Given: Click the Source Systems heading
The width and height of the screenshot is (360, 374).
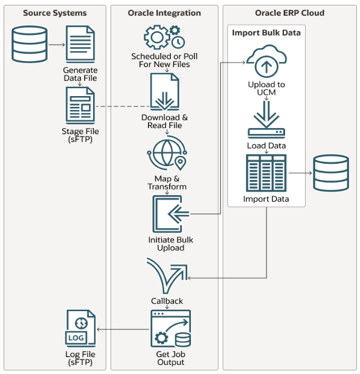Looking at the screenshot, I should pos(55,13).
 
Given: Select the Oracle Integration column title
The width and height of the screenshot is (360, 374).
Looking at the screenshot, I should pos(164,13).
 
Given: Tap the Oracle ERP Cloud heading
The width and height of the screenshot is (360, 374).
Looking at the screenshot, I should pos(289,13).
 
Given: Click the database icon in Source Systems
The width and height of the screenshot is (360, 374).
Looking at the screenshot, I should pos(30,45).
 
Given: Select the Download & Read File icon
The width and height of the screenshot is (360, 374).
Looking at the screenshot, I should pos(164,92).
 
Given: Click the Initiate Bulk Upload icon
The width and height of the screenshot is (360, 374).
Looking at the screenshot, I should pos(170,214).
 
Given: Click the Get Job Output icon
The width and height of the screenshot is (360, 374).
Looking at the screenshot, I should pos(170,328).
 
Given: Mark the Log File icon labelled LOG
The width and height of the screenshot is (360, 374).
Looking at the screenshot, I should pos(80,329).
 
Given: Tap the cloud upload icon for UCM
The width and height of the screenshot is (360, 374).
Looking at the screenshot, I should pos(266,61).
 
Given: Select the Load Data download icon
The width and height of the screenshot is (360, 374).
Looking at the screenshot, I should pos(266,119).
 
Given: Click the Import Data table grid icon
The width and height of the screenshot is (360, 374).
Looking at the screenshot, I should pos(266,173).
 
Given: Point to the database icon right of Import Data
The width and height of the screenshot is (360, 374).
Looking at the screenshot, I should pos(330,173).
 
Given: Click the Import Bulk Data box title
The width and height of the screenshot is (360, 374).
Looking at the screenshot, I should pos(266,33).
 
